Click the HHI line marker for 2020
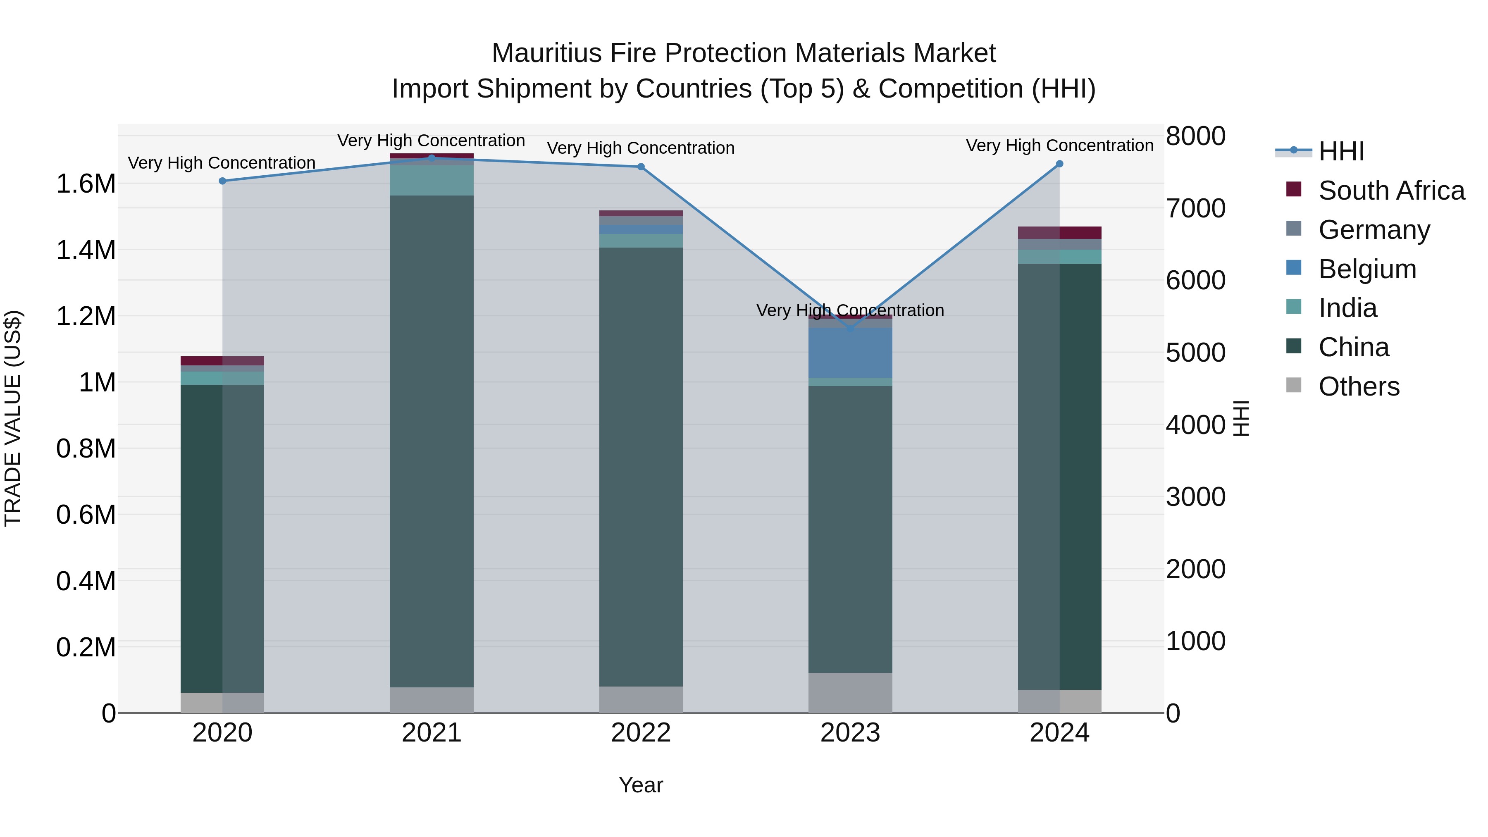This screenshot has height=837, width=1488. point(222,181)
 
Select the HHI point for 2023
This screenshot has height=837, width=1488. point(850,328)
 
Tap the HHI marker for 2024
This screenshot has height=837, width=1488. point(1059,164)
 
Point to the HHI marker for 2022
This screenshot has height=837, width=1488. point(641,167)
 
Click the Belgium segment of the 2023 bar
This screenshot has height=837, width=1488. point(850,352)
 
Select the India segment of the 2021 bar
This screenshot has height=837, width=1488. point(432,180)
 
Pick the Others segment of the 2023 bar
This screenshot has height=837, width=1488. point(850,693)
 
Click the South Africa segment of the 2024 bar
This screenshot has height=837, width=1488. point(1059,233)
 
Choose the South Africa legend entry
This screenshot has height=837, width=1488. point(1392,191)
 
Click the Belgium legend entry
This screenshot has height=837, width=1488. point(1367,269)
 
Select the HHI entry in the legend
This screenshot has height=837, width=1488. point(1341,151)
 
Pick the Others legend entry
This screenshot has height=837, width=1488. point(1359,386)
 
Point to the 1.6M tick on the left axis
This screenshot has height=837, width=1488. point(86,184)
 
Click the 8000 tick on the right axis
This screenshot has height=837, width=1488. point(1195,136)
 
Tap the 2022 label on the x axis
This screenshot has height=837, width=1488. point(641,733)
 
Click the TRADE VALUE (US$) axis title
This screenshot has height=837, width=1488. point(13,418)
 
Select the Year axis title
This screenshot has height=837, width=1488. point(641,785)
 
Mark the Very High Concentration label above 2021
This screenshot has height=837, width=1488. point(431,141)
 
